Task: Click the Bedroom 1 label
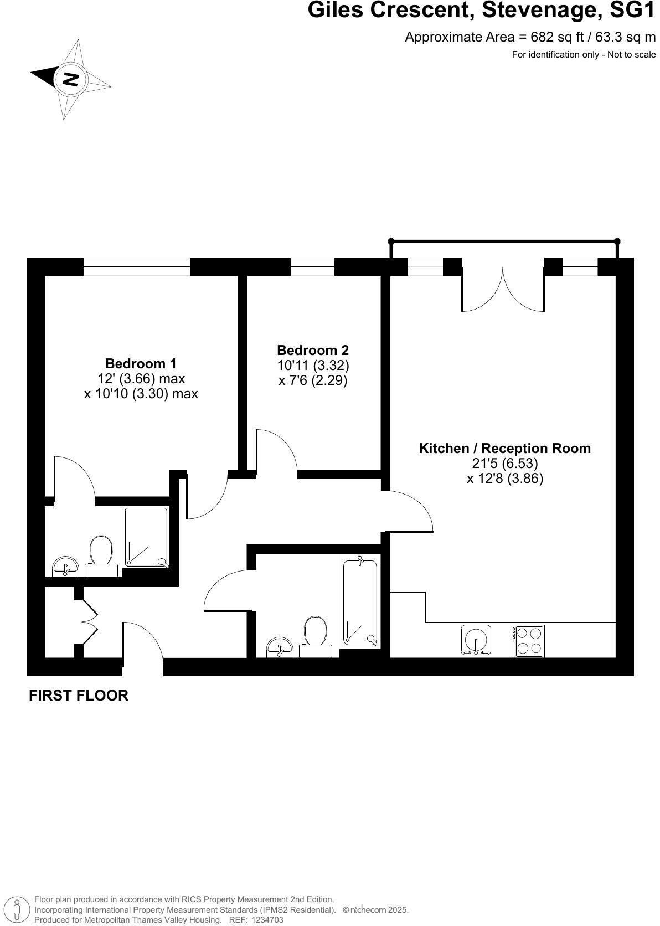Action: tap(141, 364)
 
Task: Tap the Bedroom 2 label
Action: tap(313, 351)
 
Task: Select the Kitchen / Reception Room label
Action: tap(504, 449)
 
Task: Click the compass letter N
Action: tap(70, 79)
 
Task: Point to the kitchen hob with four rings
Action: tap(528, 641)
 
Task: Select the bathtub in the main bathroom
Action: tap(360, 603)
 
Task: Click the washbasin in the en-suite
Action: tap(66, 568)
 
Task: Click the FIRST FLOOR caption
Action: tap(79, 696)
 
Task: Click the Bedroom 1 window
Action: tap(136, 266)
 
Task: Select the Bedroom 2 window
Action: tap(312, 266)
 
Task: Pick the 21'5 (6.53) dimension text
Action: tap(504, 463)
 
